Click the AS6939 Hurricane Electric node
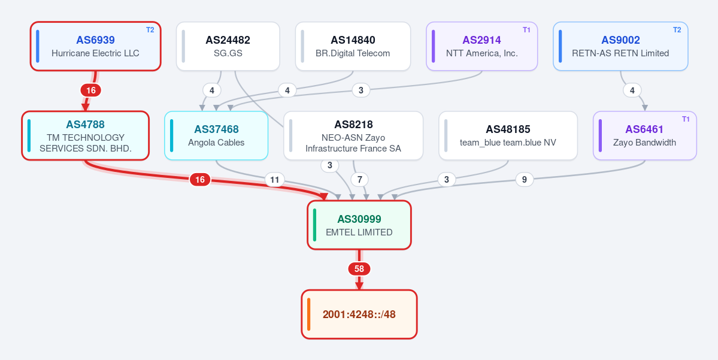[95, 46]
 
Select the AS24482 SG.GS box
[228, 46]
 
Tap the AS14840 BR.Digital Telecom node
[353, 46]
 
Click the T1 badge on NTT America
[526, 30]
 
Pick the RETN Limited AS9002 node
[620, 46]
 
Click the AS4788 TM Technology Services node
[85, 135]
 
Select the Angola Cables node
[216, 135]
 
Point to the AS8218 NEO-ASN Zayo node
[353, 135]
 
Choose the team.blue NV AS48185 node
[508, 135]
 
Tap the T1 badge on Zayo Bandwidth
[686, 119]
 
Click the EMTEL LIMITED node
[359, 225]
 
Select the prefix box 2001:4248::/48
[359, 314]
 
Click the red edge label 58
[359, 269]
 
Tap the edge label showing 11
[274, 180]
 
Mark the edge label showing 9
[525, 180]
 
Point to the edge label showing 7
[359, 180]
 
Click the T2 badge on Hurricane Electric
[150, 30]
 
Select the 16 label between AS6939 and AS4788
[90, 90]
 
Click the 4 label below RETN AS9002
[632, 90]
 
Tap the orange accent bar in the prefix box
[309, 314]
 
